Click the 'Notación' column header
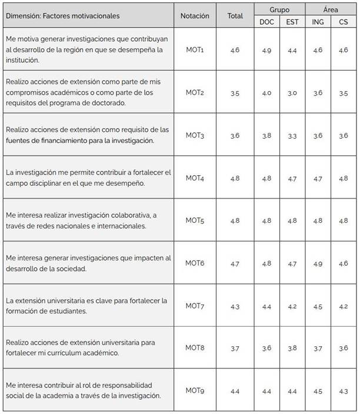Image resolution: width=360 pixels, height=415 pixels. pyautogui.click(x=195, y=16)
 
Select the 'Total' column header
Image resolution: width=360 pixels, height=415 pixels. pyautogui.click(x=235, y=16)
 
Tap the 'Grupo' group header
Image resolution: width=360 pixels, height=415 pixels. pyautogui.click(x=279, y=10)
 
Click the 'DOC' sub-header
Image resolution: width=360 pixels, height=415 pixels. pyautogui.click(x=267, y=22)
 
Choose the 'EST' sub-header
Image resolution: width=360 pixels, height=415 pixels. pyautogui.click(x=292, y=22)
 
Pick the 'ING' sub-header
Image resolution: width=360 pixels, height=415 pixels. pyautogui.click(x=318, y=22)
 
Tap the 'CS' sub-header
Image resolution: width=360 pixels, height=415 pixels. pyautogui.click(x=344, y=22)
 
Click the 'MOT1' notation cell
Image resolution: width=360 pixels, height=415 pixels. pyautogui.click(x=195, y=50)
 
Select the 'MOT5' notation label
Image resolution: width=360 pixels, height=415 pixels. pyautogui.click(x=195, y=220)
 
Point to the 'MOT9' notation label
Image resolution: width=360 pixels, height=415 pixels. pyautogui.click(x=195, y=390)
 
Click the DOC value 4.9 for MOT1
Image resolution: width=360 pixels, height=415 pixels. pyautogui.click(x=267, y=51)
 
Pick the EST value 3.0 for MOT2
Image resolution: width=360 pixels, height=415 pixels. pyautogui.click(x=292, y=93)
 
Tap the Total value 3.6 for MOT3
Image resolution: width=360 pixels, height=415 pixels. pyautogui.click(x=235, y=136)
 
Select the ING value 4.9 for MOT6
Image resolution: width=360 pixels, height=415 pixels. pyautogui.click(x=318, y=263)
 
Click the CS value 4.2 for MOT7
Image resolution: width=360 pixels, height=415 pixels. pyautogui.click(x=344, y=306)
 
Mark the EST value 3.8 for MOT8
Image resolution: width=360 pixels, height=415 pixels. pyautogui.click(x=292, y=348)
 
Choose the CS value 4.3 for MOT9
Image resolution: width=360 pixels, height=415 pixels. pyautogui.click(x=344, y=391)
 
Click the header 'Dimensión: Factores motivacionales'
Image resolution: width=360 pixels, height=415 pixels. pyautogui.click(x=63, y=16)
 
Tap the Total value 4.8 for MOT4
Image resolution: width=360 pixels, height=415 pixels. pyautogui.click(x=235, y=178)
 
